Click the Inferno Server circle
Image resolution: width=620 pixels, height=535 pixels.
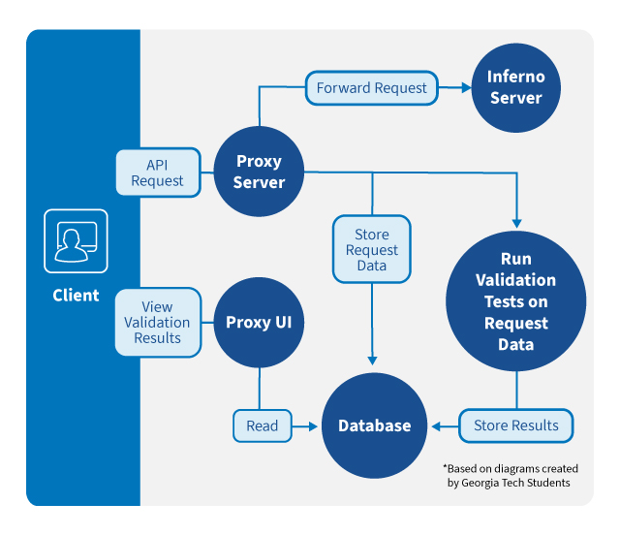(x=516, y=88)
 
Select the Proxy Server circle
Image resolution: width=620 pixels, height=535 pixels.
(x=259, y=172)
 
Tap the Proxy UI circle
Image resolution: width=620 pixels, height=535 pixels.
(x=259, y=323)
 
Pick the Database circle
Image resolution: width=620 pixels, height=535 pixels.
(x=375, y=425)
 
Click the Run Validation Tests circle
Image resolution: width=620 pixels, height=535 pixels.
(x=516, y=301)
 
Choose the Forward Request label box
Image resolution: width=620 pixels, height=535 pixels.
(x=372, y=88)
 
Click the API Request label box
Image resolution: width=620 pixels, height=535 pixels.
(x=158, y=173)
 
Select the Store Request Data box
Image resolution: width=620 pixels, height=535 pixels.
(x=372, y=249)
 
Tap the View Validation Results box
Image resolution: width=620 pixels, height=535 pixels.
(x=158, y=323)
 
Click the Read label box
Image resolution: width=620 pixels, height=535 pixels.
(x=263, y=425)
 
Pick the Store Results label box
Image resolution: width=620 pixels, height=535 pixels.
(x=516, y=425)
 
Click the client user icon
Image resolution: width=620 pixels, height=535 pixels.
(x=76, y=241)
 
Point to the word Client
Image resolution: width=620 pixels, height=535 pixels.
(x=76, y=296)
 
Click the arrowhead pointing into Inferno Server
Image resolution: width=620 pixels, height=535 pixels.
(x=467, y=88)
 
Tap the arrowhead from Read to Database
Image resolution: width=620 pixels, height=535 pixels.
(x=313, y=426)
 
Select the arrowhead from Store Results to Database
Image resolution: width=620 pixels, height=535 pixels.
(x=436, y=426)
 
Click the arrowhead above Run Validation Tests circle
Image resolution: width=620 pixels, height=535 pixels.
(x=516, y=224)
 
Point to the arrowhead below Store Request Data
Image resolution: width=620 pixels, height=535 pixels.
(x=372, y=361)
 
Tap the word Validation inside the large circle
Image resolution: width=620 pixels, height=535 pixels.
(x=516, y=280)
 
